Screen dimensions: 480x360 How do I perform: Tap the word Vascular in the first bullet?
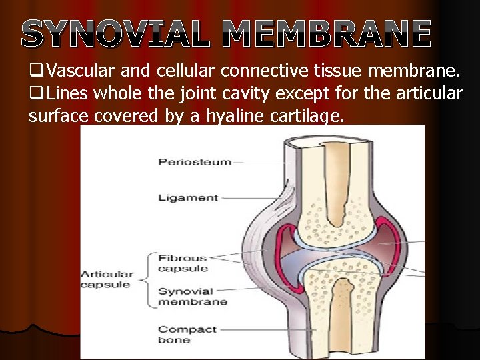[x=81, y=71]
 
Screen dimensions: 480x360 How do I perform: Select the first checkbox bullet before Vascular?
[x=37, y=71]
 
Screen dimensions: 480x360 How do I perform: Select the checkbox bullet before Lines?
[x=37, y=94]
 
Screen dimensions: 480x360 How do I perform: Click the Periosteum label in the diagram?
[x=185, y=162]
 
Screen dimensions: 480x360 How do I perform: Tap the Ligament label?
[x=188, y=197]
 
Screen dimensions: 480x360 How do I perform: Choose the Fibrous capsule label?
[x=183, y=263]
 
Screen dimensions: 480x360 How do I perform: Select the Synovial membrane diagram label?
[x=192, y=296]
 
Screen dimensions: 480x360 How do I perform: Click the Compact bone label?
[x=187, y=335]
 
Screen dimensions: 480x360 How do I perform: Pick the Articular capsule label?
[x=107, y=279]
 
